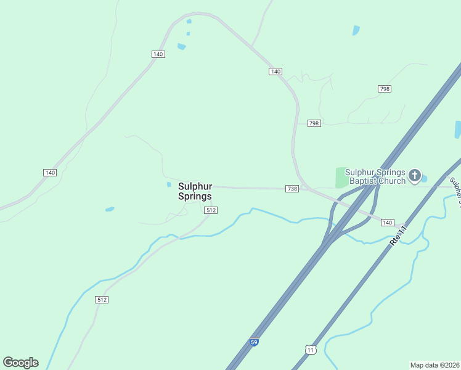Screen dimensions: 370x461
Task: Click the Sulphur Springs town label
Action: tap(195, 191)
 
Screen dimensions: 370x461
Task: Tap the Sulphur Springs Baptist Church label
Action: tap(375, 176)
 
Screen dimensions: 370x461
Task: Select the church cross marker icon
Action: tap(415, 176)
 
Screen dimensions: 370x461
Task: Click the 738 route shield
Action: tap(292, 188)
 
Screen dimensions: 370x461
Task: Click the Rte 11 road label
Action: tap(399, 237)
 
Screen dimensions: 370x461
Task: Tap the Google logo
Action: tap(20, 363)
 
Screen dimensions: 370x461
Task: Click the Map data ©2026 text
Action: tap(434, 365)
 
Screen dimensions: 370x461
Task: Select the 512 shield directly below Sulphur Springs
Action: tap(211, 210)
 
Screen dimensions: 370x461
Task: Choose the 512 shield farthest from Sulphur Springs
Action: tap(102, 300)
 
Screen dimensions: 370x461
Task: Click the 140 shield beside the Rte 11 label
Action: tap(387, 222)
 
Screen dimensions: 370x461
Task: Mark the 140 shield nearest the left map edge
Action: tap(50, 172)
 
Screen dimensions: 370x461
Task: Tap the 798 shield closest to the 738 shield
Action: tap(314, 123)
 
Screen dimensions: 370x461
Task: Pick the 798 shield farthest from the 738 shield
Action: tap(385, 89)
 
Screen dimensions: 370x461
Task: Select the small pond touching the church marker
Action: tap(424, 179)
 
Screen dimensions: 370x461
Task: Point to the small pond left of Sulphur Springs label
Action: tap(169, 184)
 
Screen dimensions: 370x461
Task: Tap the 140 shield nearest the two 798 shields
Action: tap(275, 72)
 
